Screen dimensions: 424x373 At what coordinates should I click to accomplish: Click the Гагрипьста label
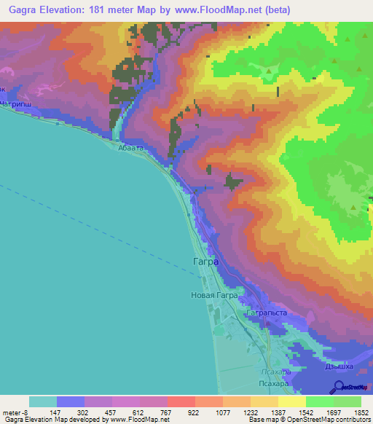pos(267,313)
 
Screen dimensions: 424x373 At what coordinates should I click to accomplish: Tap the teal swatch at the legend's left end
pos(42,401)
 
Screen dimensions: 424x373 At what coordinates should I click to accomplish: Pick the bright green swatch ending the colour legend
pos(348,401)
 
